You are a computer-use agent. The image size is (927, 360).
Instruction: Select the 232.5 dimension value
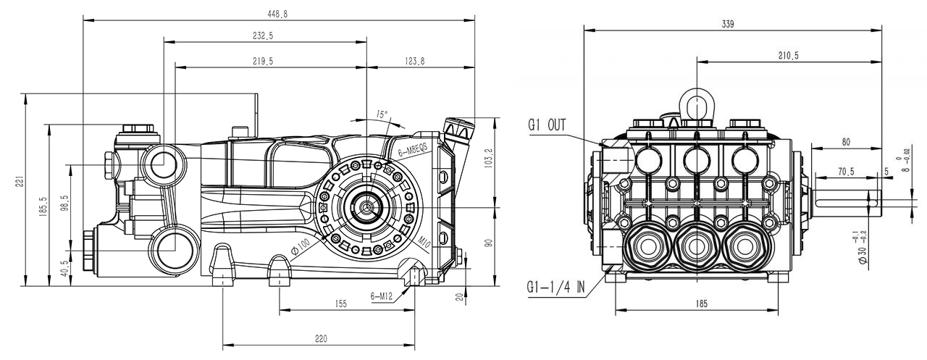tap(263, 35)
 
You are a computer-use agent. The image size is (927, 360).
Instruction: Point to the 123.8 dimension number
tap(414, 62)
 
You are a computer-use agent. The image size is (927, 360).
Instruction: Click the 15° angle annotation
tap(382, 114)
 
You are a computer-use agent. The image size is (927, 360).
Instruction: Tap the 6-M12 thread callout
tap(381, 296)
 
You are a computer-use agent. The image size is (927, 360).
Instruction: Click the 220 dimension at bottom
tap(322, 338)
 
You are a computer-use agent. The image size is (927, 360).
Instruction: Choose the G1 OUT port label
tap(548, 125)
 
